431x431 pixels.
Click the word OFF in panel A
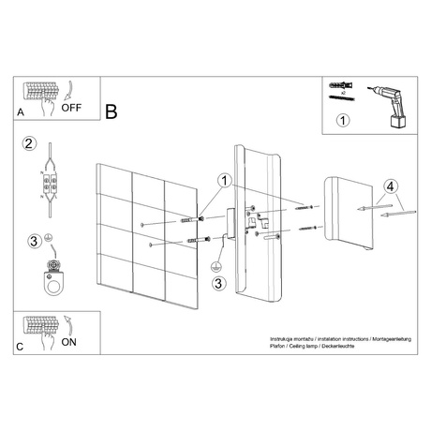point(72,108)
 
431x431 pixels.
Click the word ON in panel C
point(69,342)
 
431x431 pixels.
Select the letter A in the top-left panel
point(21,111)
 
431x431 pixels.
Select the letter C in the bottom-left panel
point(21,347)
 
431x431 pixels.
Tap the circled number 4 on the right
point(392,187)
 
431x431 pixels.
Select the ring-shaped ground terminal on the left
point(49,279)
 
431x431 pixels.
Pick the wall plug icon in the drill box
point(338,86)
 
